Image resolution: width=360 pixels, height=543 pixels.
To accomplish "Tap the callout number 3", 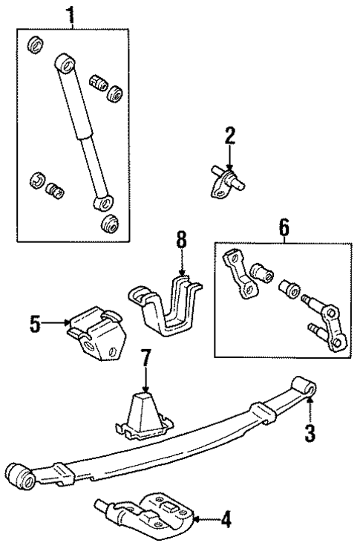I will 312,431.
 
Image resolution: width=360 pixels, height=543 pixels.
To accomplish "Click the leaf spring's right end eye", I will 304,386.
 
